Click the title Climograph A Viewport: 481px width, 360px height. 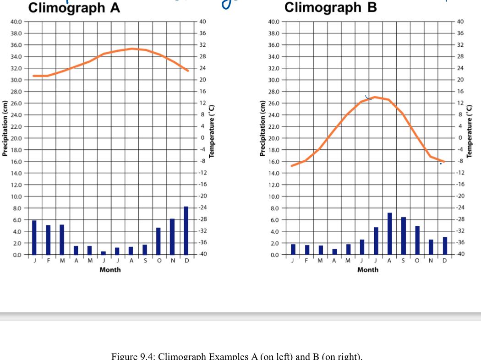click(74, 8)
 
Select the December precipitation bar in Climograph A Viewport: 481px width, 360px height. click(186, 230)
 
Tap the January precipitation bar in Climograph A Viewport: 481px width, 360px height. click(34, 237)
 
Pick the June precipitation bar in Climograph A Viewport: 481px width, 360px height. click(103, 253)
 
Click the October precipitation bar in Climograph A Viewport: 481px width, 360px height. click(159, 241)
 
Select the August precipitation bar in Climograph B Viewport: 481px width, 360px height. click(390, 234)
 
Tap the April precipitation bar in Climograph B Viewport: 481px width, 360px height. click(335, 251)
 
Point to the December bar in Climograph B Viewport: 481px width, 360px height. click(445, 245)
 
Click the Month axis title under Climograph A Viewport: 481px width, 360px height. click(110, 270)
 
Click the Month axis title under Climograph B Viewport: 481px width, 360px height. click(368, 270)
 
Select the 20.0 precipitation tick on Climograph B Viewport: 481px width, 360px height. click(273, 138)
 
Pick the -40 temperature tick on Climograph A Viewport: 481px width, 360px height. click(202, 254)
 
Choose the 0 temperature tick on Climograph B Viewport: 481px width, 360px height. click(460, 138)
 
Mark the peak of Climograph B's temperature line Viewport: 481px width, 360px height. click(375, 97)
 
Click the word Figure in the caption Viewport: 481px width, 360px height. click(123, 356)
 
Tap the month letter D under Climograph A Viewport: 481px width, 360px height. click(186, 261)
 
